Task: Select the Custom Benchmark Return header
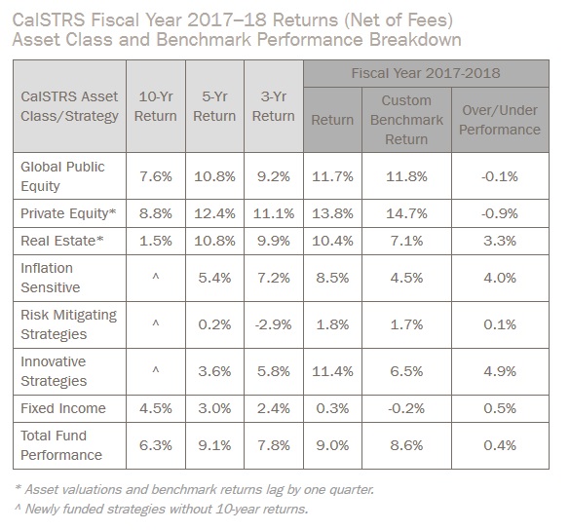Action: pyautogui.click(x=406, y=120)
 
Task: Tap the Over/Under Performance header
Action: pyautogui.click(x=501, y=120)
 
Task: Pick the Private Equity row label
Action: pyautogui.click(x=69, y=212)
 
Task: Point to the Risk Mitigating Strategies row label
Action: pyautogui.click(x=67, y=323)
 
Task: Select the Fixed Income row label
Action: pyautogui.click(x=64, y=409)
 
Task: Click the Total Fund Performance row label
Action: pyautogui.click(x=61, y=445)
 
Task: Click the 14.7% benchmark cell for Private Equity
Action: pyautogui.click(x=406, y=212)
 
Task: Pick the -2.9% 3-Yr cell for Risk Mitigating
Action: pyautogui.click(x=273, y=323)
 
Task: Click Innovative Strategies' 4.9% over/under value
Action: pyautogui.click(x=501, y=371)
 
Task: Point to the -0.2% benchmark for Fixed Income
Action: pyautogui.click(x=406, y=409)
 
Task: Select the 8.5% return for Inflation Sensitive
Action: pyautogui.click(x=332, y=277)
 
